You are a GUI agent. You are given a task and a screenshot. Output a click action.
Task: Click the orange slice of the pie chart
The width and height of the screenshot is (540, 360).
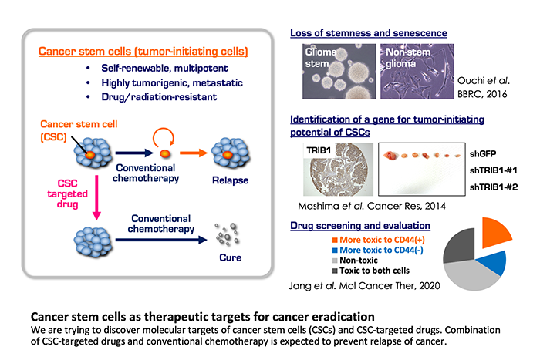point(494,234)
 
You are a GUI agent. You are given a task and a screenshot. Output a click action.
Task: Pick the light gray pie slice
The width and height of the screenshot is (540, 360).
point(470,276)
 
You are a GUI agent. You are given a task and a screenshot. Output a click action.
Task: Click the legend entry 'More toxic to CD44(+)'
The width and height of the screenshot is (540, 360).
point(379,240)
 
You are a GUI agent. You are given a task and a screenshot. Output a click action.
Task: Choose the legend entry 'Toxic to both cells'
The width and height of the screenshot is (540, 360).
point(371,271)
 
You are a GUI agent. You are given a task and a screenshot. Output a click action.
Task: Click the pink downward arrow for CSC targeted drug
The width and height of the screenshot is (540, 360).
point(96,197)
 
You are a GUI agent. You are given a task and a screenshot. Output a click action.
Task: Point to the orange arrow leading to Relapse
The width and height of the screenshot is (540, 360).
point(194,153)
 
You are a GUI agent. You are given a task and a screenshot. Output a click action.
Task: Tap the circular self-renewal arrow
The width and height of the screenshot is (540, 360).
point(164,137)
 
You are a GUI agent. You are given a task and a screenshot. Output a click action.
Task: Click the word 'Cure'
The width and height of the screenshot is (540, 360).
point(231,257)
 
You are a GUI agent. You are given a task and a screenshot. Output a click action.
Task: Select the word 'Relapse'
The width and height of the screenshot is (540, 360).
point(230,180)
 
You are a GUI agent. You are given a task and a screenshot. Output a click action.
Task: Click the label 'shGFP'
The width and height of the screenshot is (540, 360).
point(483,154)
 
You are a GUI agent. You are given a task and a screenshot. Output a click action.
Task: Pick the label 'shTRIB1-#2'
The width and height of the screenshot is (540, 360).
point(494,187)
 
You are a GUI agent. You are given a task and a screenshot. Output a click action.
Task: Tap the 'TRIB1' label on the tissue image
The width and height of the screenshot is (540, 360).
point(319,150)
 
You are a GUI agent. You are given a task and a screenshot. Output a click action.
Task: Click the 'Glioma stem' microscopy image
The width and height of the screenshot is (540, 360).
point(339,71)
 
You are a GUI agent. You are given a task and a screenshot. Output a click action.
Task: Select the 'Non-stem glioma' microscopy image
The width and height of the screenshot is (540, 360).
point(417,71)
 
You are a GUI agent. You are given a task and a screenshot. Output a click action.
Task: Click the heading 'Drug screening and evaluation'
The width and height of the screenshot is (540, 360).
point(360,225)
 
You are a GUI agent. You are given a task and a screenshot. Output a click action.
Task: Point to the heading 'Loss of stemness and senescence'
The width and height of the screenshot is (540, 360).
point(369,33)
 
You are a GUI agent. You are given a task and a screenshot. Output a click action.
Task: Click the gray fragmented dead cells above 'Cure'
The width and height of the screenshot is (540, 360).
point(227,234)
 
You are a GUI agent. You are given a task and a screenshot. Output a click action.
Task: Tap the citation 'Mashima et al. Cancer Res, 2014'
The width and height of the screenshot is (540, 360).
point(372,206)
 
